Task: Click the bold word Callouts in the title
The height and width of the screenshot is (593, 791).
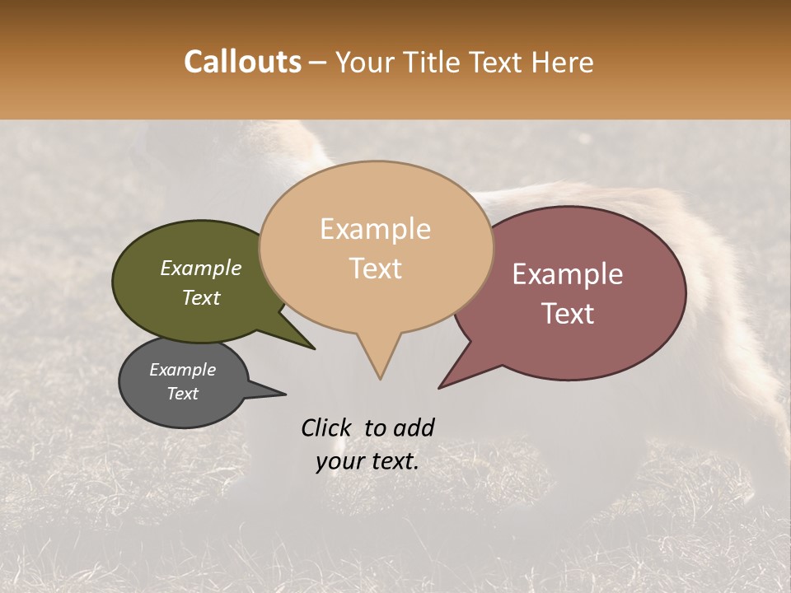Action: [242, 62]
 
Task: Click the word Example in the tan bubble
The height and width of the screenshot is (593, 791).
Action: [375, 229]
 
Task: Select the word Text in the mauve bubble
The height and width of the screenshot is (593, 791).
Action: [568, 314]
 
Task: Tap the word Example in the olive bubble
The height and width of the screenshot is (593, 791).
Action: [201, 268]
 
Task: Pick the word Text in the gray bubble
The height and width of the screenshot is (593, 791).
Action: [183, 394]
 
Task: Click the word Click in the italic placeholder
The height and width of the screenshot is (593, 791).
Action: [327, 427]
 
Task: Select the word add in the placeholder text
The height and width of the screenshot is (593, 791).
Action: [413, 427]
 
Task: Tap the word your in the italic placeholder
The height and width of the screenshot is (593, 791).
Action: [339, 461]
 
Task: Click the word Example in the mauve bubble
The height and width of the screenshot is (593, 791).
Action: [568, 274]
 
